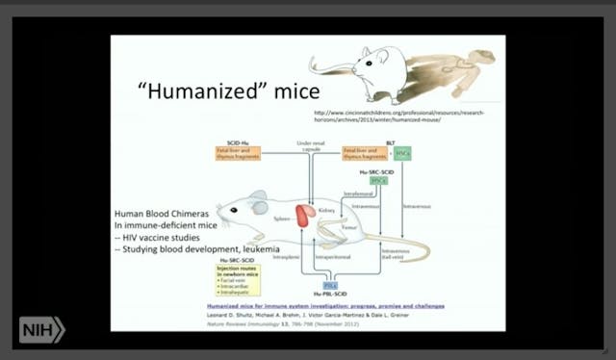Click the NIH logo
point(40,329)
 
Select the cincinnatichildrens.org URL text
point(404,116)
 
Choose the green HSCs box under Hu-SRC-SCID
point(378,180)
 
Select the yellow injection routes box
point(238,276)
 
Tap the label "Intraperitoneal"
point(325,259)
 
